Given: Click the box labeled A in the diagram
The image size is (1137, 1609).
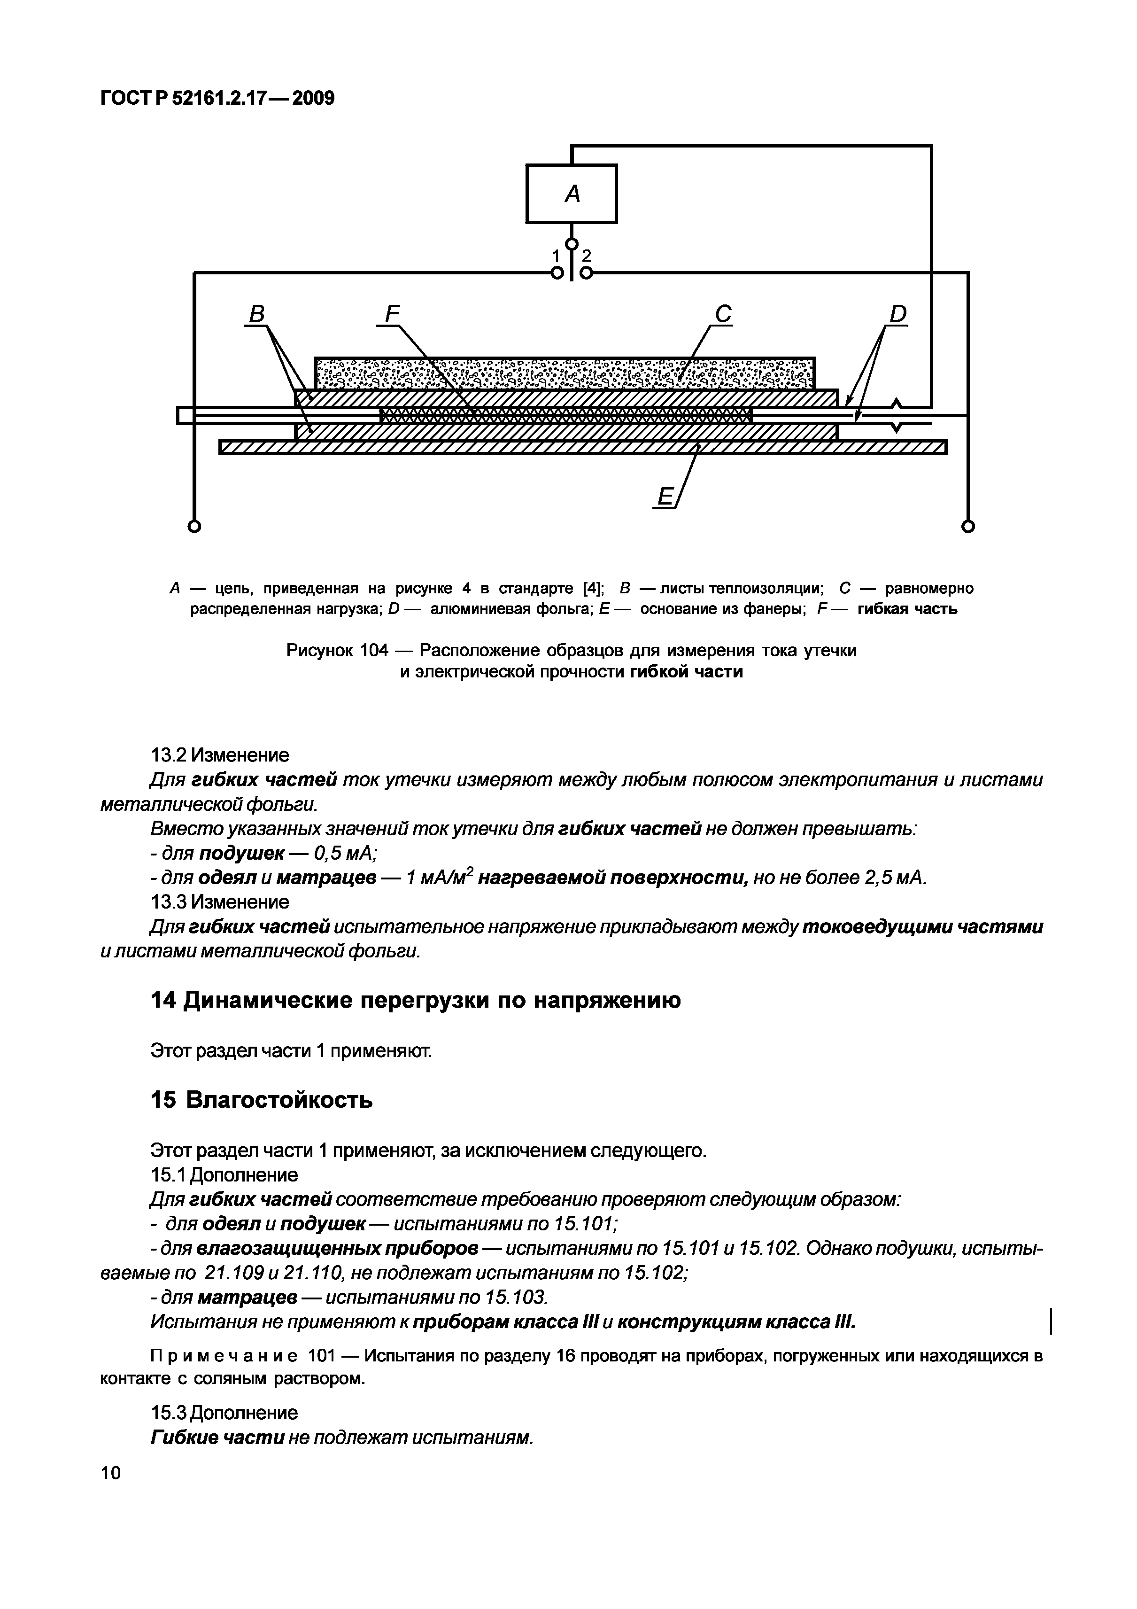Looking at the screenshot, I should point(571,194).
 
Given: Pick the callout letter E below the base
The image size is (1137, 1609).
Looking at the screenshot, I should point(664,497).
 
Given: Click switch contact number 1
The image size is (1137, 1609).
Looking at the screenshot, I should point(556,257).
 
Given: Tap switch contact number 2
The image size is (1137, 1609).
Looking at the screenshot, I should point(587,257).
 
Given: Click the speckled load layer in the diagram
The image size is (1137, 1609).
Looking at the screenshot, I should point(565,373).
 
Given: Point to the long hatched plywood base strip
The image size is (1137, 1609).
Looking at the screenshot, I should point(581,447).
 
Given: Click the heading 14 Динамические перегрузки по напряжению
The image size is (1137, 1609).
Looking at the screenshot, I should point(416,1001).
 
